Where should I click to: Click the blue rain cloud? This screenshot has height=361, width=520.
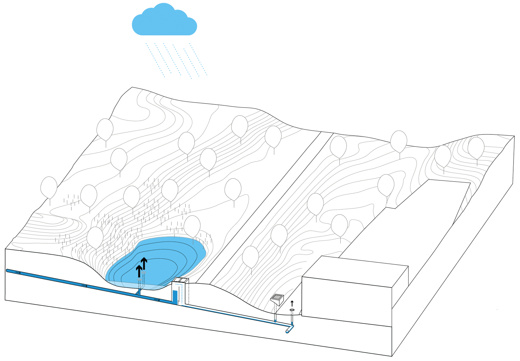[x=164, y=22]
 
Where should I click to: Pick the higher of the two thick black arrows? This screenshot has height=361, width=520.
[x=144, y=263]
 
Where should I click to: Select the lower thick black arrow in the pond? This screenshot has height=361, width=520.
[x=139, y=271]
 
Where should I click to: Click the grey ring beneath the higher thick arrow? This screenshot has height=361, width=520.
[x=144, y=273]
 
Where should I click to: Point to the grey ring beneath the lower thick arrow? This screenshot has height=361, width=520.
[x=139, y=280]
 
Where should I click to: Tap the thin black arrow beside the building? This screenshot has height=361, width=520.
[x=292, y=303]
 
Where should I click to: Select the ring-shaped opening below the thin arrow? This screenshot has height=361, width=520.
[x=292, y=310]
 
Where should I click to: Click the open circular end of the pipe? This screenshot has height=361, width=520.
[x=287, y=331]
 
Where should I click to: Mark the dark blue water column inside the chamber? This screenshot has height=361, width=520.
[x=175, y=297]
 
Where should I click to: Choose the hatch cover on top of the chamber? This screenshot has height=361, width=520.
[x=180, y=280]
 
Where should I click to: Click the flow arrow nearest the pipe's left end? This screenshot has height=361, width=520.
[x=18, y=273]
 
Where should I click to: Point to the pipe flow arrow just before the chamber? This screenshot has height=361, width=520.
[x=157, y=300]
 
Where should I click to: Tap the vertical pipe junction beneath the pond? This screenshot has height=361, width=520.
[x=139, y=292]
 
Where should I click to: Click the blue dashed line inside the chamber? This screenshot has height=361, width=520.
[x=181, y=292]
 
